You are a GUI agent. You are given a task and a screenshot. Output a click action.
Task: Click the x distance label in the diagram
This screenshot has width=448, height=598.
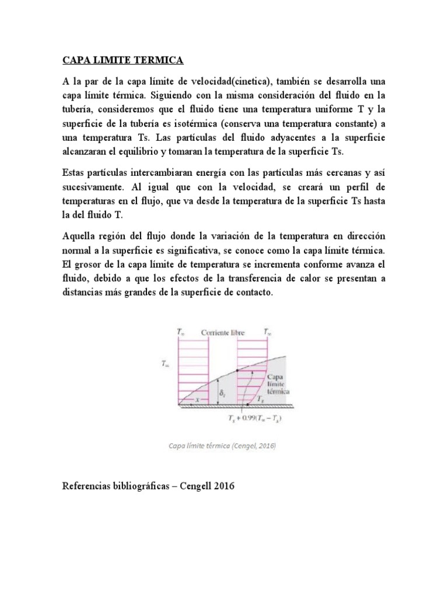pyautogui.click(x=198, y=399)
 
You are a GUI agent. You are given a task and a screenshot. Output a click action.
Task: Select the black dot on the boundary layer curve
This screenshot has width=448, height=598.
pyautogui.click(x=238, y=370)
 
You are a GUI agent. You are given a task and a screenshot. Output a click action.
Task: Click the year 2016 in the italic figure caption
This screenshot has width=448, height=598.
pyautogui.click(x=266, y=447)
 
